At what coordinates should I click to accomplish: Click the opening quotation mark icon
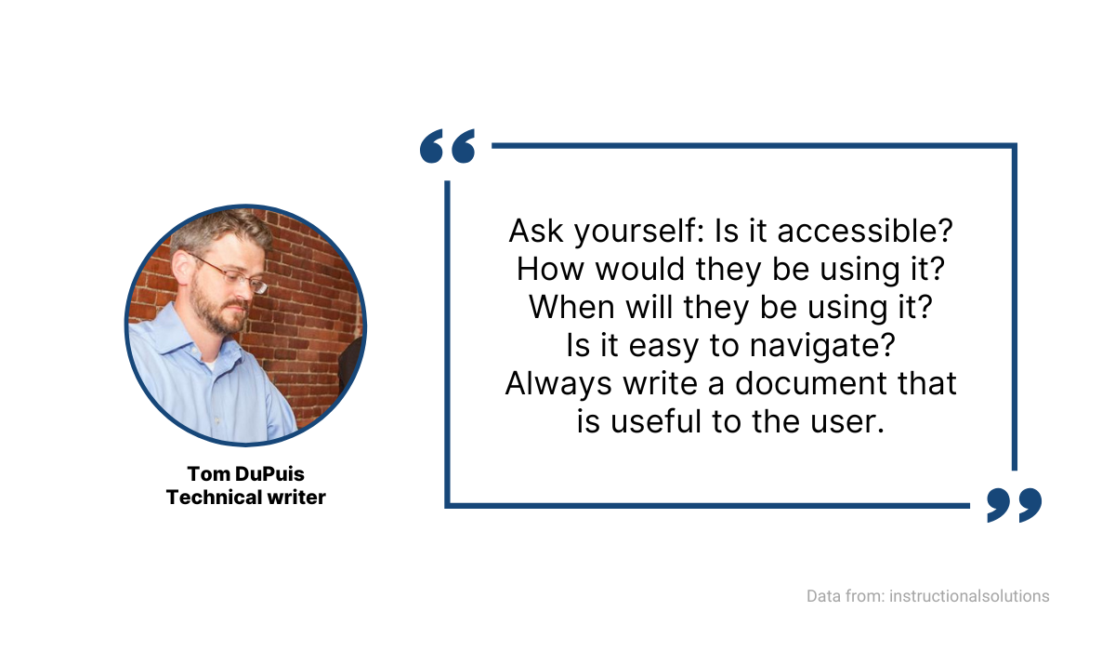pos(447,147)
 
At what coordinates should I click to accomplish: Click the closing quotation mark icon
pos(1014,504)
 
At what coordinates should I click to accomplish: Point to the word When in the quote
pos(571,307)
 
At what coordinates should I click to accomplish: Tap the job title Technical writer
pos(245,498)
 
